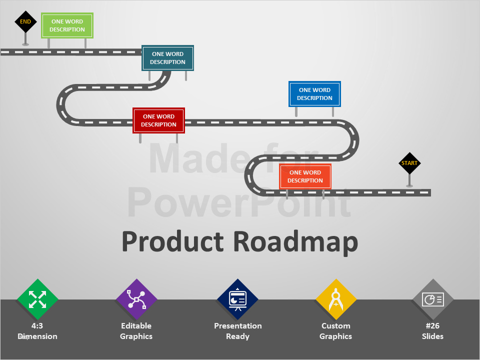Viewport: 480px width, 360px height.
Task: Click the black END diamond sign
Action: point(25,22)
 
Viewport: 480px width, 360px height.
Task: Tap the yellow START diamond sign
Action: point(409,163)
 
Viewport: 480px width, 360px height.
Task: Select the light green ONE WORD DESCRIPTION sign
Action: point(67,25)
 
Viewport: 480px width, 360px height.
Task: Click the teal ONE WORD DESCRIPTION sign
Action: point(167,58)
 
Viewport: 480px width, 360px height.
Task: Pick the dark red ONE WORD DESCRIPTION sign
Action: point(158,120)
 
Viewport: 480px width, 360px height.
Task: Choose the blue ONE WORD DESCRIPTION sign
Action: point(314,94)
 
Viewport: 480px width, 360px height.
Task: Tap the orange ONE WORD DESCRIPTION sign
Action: point(305,176)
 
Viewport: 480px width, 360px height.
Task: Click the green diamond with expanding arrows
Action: point(37,299)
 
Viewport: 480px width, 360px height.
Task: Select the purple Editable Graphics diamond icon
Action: point(136,299)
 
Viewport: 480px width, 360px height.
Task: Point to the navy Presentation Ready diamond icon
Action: point(237,299)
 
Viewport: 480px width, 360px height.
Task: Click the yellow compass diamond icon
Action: point(336,299)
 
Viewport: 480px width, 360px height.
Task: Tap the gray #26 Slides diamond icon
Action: point(432,299)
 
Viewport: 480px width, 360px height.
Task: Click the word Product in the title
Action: point(172,241)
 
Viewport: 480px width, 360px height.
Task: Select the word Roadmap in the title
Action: point(295,241)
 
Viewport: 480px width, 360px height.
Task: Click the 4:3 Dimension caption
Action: point(37,331)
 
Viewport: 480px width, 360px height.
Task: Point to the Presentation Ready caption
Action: point(237,331)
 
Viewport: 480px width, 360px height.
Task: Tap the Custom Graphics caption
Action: point(336,331)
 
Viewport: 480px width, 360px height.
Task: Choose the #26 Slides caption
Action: point(432,331)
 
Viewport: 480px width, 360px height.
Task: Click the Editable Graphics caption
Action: point(136,331)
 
